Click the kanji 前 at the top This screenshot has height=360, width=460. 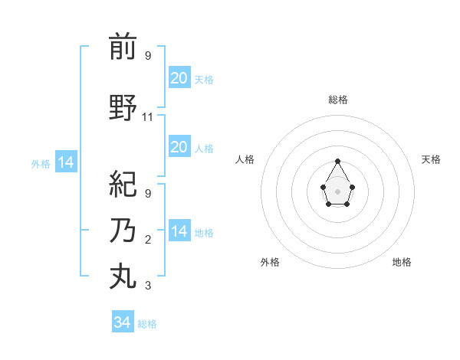(123, 47)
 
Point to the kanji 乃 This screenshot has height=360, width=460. (123, 231)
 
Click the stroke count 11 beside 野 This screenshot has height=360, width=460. (148, 117)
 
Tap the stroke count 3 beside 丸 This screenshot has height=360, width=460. (148, 286)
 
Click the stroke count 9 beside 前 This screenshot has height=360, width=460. (148, 55)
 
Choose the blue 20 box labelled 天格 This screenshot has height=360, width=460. (179, 78)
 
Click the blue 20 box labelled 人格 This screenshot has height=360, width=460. (179, 147)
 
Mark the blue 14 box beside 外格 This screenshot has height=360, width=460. (66, 162)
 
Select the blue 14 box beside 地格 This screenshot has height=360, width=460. (179, 231)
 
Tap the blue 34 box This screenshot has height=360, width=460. (122, 322)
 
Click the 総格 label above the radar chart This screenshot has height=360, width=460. (337, 100)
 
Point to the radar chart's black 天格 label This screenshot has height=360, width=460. (431, 159)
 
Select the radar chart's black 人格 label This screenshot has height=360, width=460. (245, 159)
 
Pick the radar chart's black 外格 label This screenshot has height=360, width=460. (270, 262)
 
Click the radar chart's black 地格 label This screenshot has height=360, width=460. (402, 262)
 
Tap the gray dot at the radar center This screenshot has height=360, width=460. (337, 190)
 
